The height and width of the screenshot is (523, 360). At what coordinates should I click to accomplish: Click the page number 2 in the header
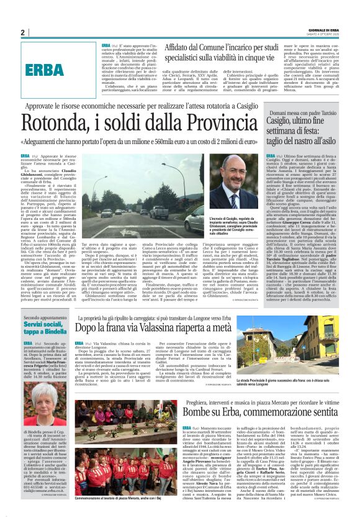click(23, 32)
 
